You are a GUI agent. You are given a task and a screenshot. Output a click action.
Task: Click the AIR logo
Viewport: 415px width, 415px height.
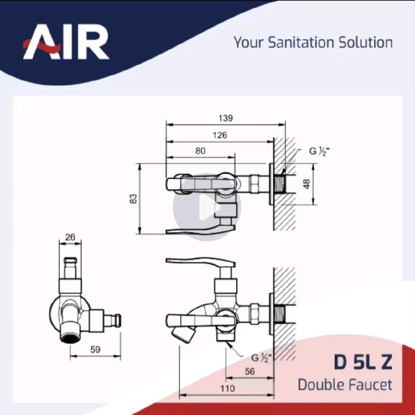pyautogui.click(x=66, y=42)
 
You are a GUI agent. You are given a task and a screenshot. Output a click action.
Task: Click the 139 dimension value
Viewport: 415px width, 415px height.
pyautogui.click(x=225, y=118)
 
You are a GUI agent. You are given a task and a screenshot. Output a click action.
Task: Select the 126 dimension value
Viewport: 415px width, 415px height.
pyautogui.click(x=220, y=135)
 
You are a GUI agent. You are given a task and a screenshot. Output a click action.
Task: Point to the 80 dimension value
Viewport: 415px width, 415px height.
pyautogui.click(x=200, y=151)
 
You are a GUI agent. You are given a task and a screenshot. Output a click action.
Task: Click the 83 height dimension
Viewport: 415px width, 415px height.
pyautogui.click(x=133, y=199)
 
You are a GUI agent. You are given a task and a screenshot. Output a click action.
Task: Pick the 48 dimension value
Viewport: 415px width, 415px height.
pyautogui.click(x=307, y=184)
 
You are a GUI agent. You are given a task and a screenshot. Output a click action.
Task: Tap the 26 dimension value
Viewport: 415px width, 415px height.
pyautogui.click(x=70, y=237)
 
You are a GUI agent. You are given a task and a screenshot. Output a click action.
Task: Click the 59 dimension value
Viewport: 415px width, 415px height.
pyautogui.click(x=95, y=350)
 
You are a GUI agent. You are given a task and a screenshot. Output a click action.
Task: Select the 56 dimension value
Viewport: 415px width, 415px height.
pyautogui.click(x=250, y=372)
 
